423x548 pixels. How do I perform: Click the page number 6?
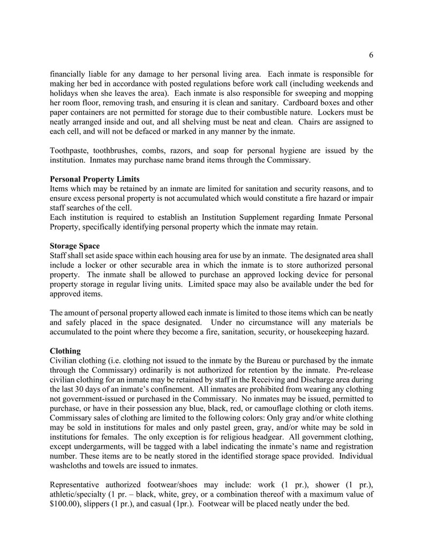pyautogui.click(x=371, y=55)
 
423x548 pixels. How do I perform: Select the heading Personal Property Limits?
pyautogui.click(x=94, y=179)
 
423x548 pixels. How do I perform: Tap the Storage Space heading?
pyautogui.click(x=74, y=246)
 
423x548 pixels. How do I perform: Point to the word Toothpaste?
pyautogui.click(x=70, y=151)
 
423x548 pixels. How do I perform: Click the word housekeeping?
pyautogui.click(x=326, y=332)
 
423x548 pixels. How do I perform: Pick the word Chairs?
pyautogui.click(x=312, y=122)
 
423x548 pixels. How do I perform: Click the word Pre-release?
pyautogui.click(x=351, y=370)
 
